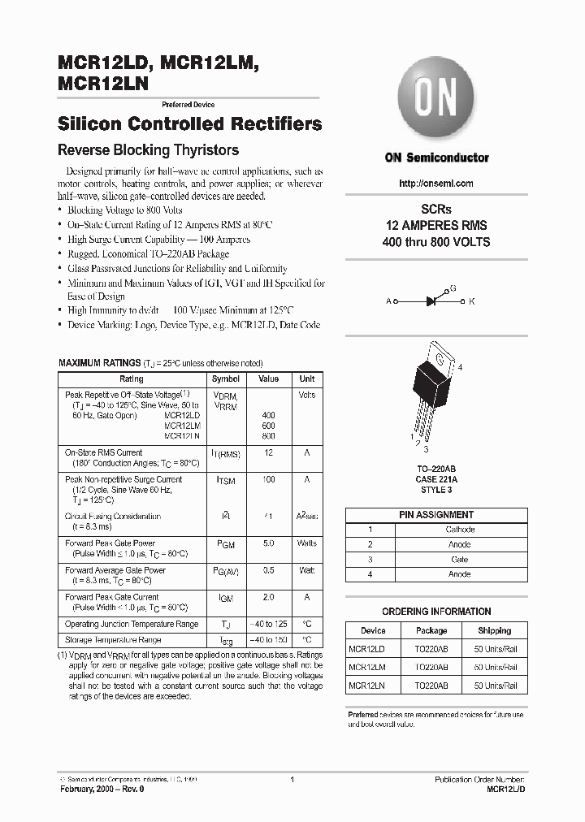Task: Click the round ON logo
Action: [436, 99]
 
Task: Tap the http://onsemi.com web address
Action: [436, 184]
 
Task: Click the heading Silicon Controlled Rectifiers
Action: [190, 124]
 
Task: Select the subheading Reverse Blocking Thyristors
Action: [148, 150]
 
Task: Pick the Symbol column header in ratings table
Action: [225, 379]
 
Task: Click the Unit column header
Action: [306, 379]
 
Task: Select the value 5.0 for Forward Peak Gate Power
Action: [268, 543]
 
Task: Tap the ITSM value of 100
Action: [268, 480]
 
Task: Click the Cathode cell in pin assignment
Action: [460, 530]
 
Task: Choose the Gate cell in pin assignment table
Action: [460, 560]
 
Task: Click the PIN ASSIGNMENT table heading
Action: [436, 515]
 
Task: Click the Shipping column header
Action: [494, 630]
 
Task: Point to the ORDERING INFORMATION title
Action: [436, 612]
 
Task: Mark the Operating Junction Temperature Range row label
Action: [131, 624]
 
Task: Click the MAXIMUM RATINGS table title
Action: [98, 363]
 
